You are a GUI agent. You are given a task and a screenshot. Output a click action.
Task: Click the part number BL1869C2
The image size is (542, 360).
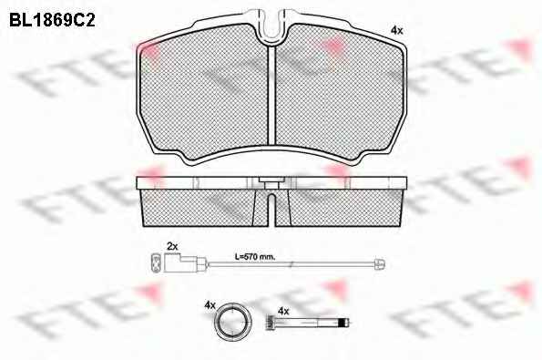tap(52, 20)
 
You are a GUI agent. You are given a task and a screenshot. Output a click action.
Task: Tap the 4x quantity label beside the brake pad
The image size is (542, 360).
tap(396, 31)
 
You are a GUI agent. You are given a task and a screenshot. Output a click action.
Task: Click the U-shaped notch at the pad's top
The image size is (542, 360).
tap(271, 26)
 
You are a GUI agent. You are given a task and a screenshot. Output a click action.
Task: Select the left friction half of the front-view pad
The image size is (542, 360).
tap(204, 93)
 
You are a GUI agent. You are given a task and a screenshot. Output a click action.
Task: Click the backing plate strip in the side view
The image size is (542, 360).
tap(271, 183)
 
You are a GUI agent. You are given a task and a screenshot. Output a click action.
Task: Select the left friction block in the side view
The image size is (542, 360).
tap(204, 208)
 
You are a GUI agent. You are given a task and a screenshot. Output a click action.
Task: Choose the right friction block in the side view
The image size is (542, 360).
tap(340, 208)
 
